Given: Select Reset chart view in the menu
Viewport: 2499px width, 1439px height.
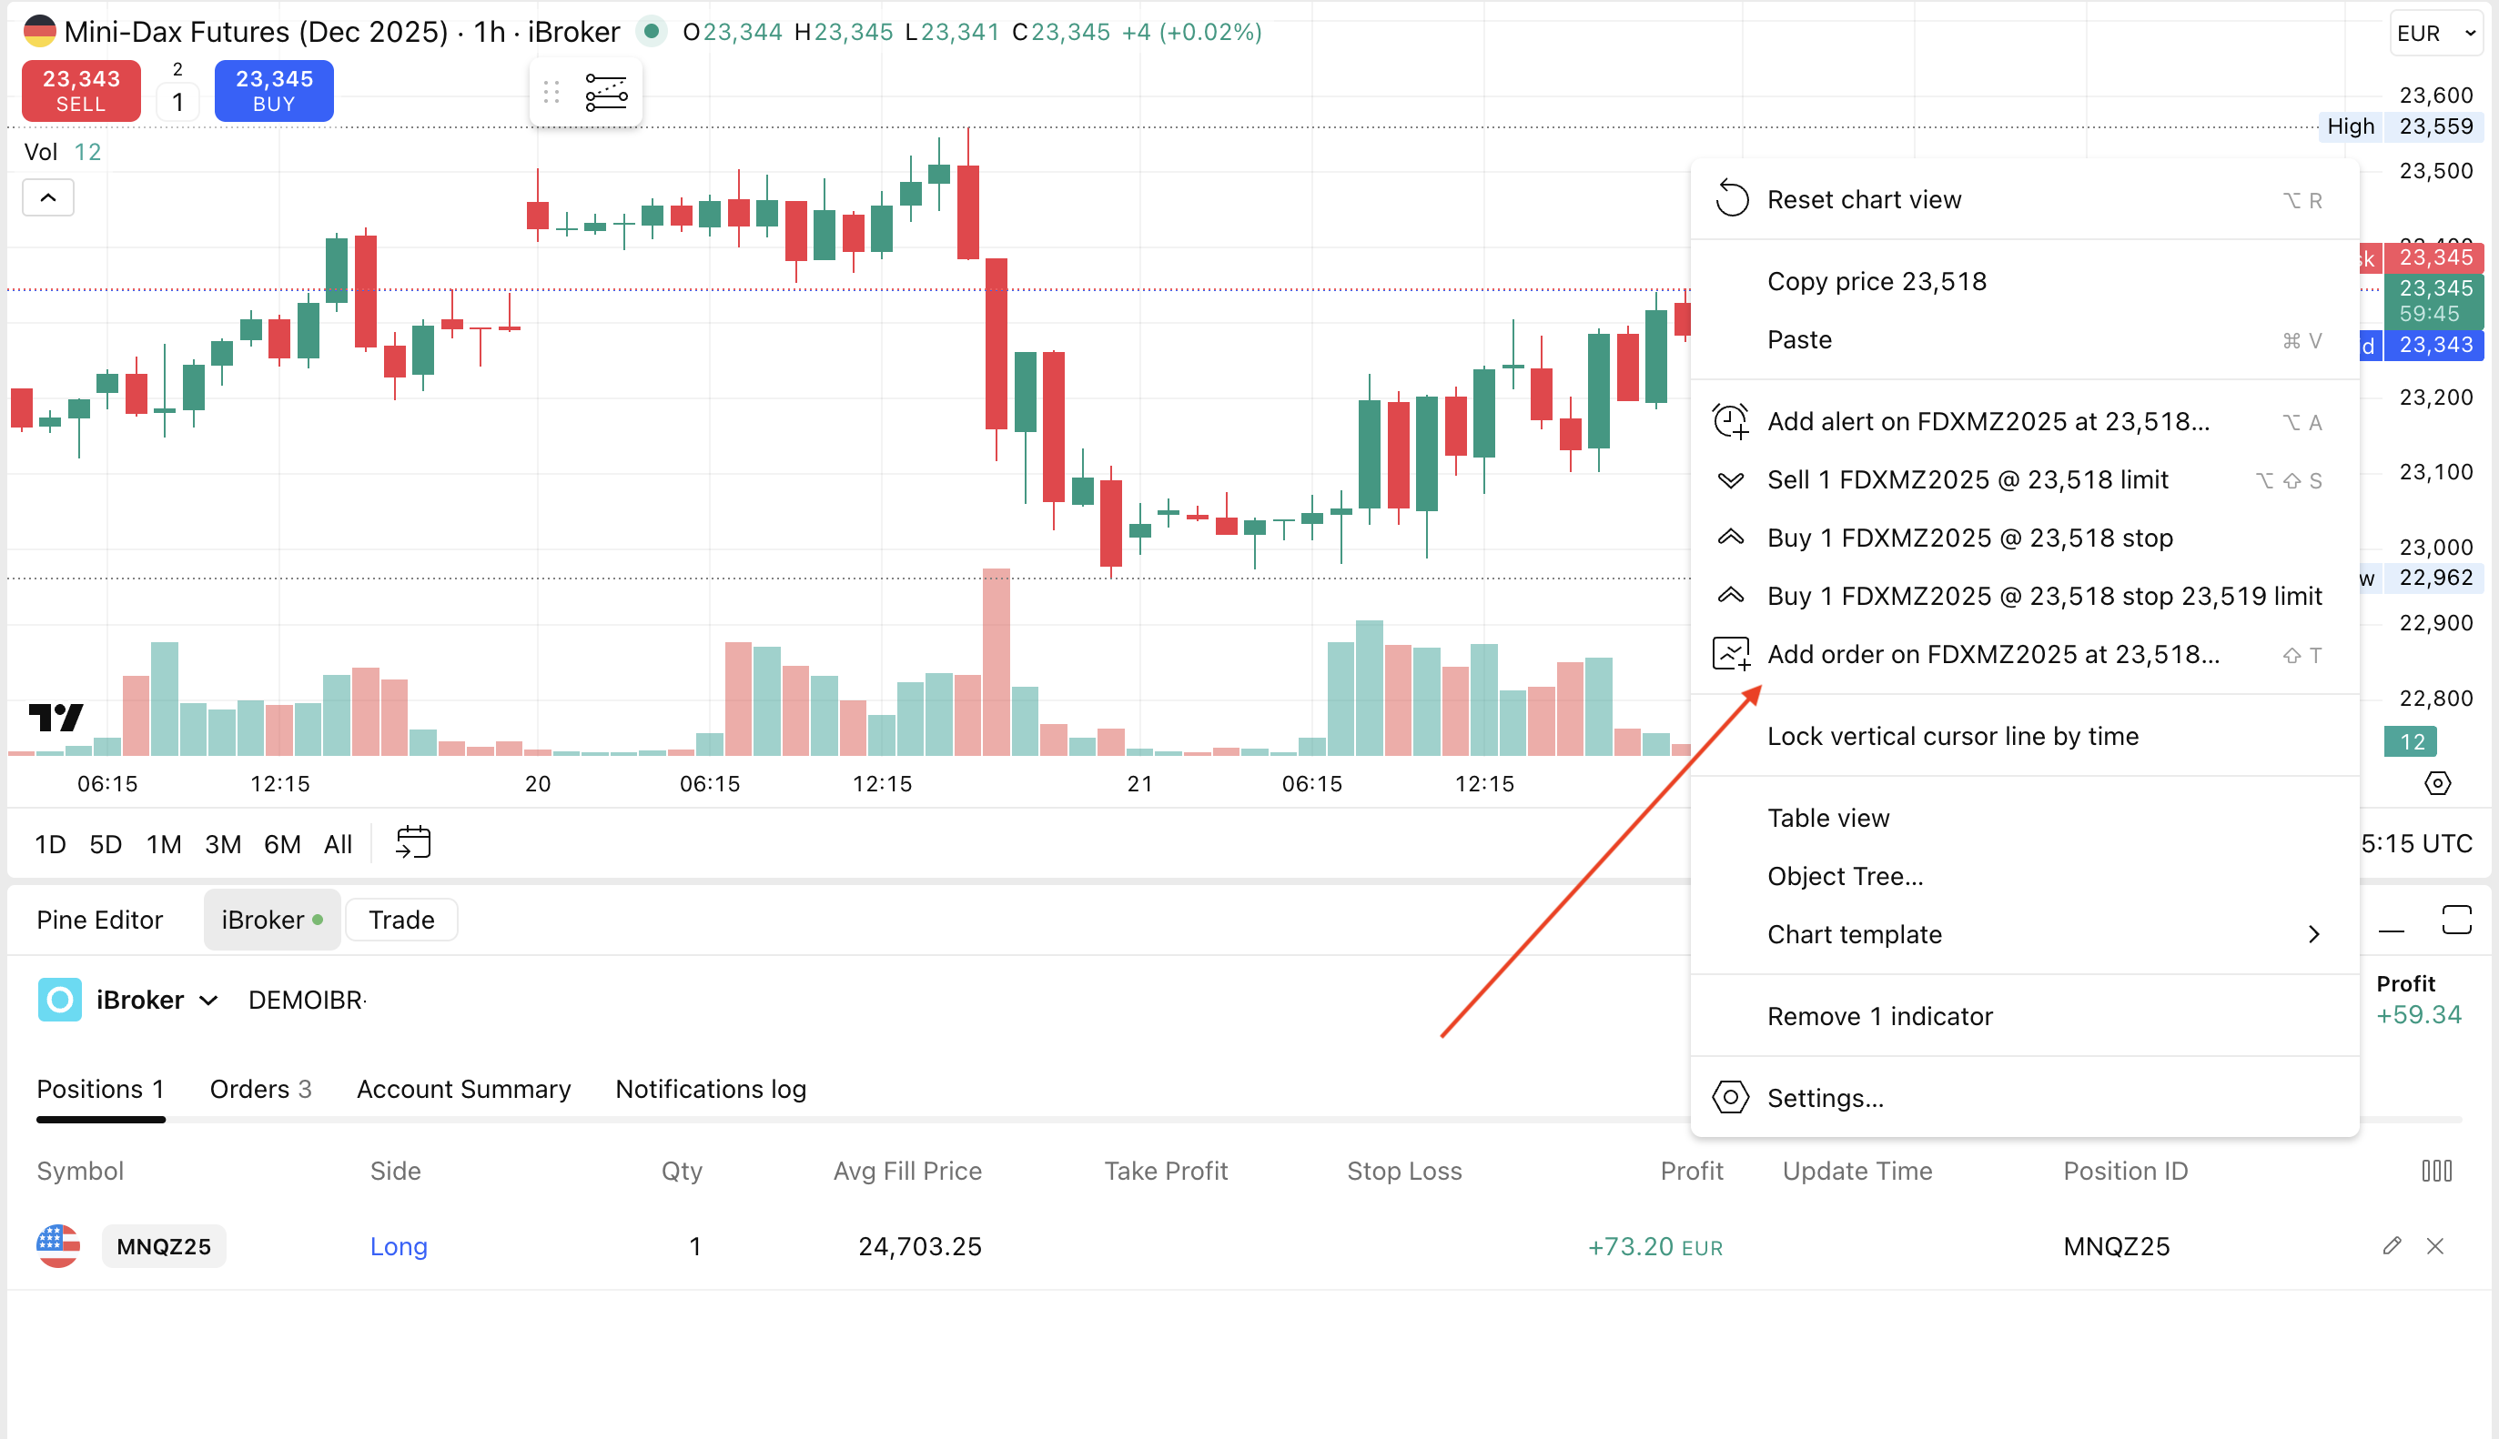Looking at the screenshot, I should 1864,199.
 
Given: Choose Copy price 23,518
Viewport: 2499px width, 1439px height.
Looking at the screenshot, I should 1876,282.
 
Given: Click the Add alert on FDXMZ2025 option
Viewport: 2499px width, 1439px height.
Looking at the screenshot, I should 1987,422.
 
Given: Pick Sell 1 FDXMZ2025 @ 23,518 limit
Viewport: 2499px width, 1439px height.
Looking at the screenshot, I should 1968,480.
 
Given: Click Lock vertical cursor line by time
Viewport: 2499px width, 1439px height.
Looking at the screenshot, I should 1952,736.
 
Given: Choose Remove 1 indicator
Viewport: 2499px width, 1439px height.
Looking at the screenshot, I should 1879,1017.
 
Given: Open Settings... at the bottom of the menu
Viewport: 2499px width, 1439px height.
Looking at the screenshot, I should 1825,1098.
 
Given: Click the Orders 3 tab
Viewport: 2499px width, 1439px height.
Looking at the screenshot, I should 260,1089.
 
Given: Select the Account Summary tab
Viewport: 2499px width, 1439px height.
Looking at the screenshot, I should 463,1089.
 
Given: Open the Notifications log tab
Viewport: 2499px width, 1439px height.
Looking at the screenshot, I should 711,1089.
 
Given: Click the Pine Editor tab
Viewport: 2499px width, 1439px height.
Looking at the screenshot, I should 100,921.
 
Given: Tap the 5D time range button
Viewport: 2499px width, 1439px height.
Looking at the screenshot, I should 106,845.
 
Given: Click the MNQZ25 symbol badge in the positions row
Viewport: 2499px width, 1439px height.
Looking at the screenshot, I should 164,1246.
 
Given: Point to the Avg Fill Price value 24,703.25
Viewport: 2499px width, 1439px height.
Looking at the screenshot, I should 919,1246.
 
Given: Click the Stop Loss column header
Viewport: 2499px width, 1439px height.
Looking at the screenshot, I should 1403,1172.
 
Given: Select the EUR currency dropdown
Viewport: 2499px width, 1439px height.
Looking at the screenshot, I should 2433,34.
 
